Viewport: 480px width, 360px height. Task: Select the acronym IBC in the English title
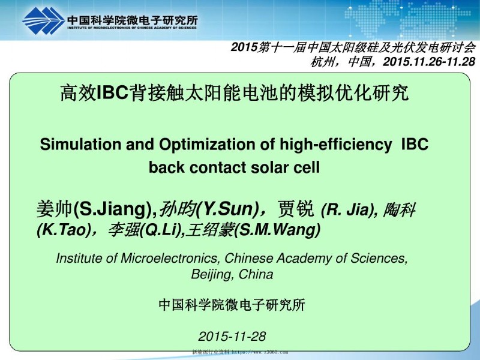click(415, 145)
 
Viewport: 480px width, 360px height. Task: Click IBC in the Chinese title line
click(113, 93)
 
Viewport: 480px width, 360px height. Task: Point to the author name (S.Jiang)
click(115, 209)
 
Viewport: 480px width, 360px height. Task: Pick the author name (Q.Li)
click(159, 230)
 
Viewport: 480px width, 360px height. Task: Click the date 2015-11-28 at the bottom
click(232, 336)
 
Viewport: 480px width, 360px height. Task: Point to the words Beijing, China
click(232, 275)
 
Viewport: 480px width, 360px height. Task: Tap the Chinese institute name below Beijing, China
click(232, 305)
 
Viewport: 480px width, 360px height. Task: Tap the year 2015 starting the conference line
click(245, 47)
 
